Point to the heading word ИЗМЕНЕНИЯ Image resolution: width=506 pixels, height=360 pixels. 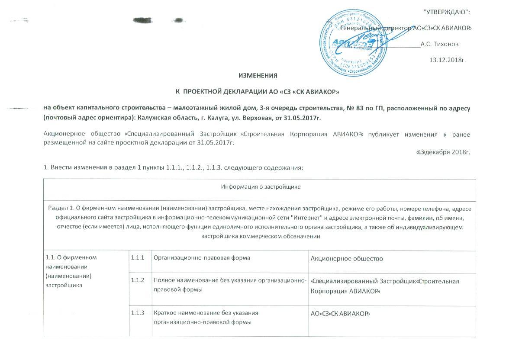(258, 76)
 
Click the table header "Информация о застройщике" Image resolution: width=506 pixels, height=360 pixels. (261, 187)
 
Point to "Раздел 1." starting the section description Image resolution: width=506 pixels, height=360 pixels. (61, 209)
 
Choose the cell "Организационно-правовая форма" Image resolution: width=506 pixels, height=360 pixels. (202, 258)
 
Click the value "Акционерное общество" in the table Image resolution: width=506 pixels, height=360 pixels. (347, 259)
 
